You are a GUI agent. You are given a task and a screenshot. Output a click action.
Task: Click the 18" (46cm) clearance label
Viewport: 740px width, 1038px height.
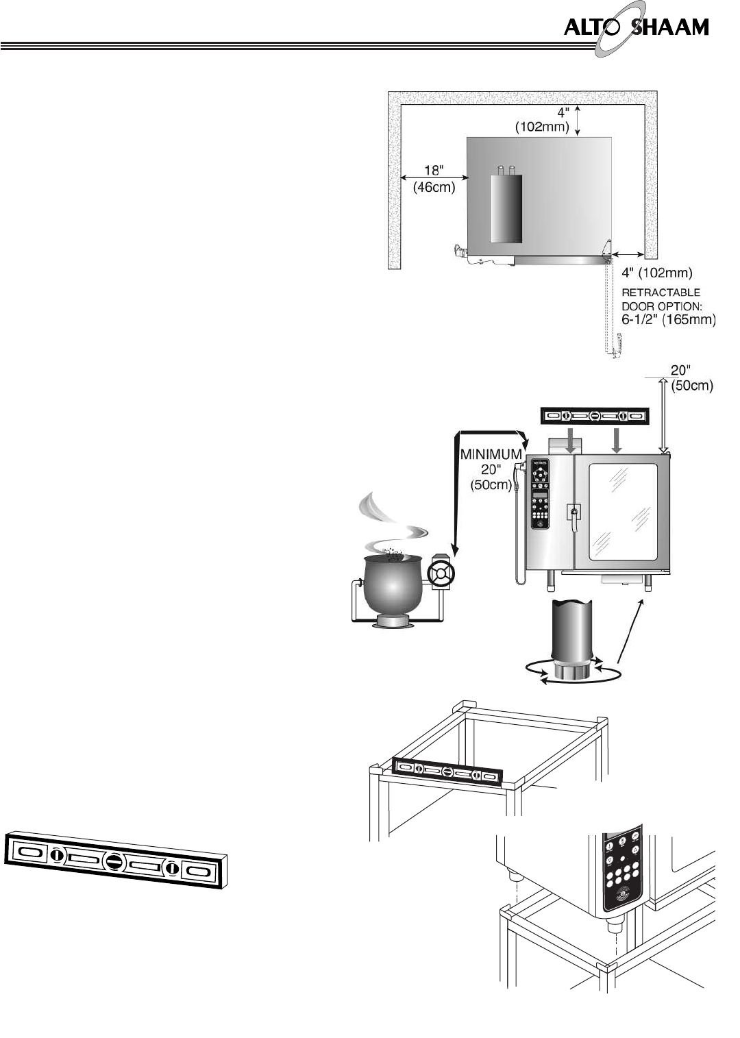[434, 179]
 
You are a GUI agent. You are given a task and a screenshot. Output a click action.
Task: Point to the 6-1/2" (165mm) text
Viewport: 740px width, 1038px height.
[668, 320]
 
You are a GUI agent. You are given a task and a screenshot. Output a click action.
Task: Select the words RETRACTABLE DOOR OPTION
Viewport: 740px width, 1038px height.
[661, 299]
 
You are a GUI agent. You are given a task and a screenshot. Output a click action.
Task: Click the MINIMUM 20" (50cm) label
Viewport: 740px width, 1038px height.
[490, 469]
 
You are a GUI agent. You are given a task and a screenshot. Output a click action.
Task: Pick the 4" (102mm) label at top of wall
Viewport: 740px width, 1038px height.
[542, 119]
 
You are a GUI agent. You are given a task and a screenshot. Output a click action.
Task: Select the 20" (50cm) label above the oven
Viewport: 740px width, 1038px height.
[691, 378]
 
